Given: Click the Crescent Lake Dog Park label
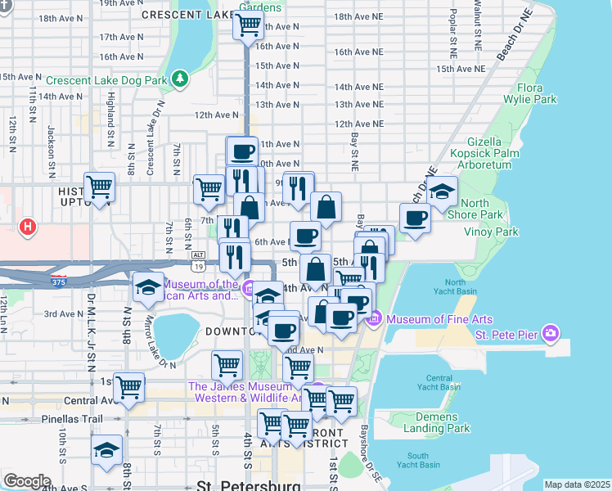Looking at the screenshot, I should (106, 80).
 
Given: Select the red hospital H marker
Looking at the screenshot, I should (28, 226).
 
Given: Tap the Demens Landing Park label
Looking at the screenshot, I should (437, 421).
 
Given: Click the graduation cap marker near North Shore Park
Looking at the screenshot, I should (441, 192).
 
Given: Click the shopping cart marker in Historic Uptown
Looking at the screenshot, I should (99, 187).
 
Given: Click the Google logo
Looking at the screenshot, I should (27, 481).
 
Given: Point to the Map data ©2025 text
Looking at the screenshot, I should (576, 484).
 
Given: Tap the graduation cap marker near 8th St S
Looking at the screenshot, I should (106, 451).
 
